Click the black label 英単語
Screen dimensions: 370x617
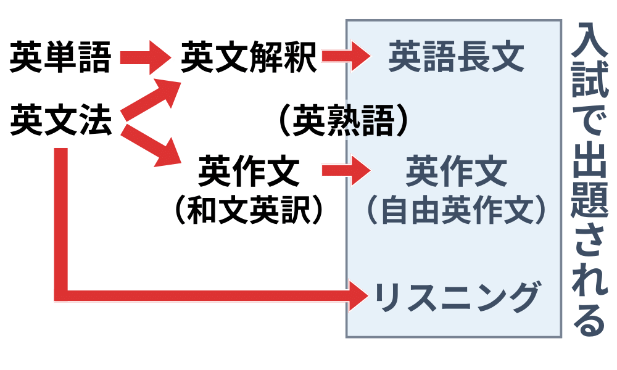(x=60, y=58)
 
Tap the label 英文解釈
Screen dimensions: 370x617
(x=249, y=58)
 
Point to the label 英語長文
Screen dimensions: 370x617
(x=457, y=57)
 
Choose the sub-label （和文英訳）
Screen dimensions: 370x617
(x=249, y=210)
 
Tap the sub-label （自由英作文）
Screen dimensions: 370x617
(x=457, y=210)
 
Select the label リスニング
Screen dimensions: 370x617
(x=457, y=298)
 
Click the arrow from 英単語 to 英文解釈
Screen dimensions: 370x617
(x=145, y=58)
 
